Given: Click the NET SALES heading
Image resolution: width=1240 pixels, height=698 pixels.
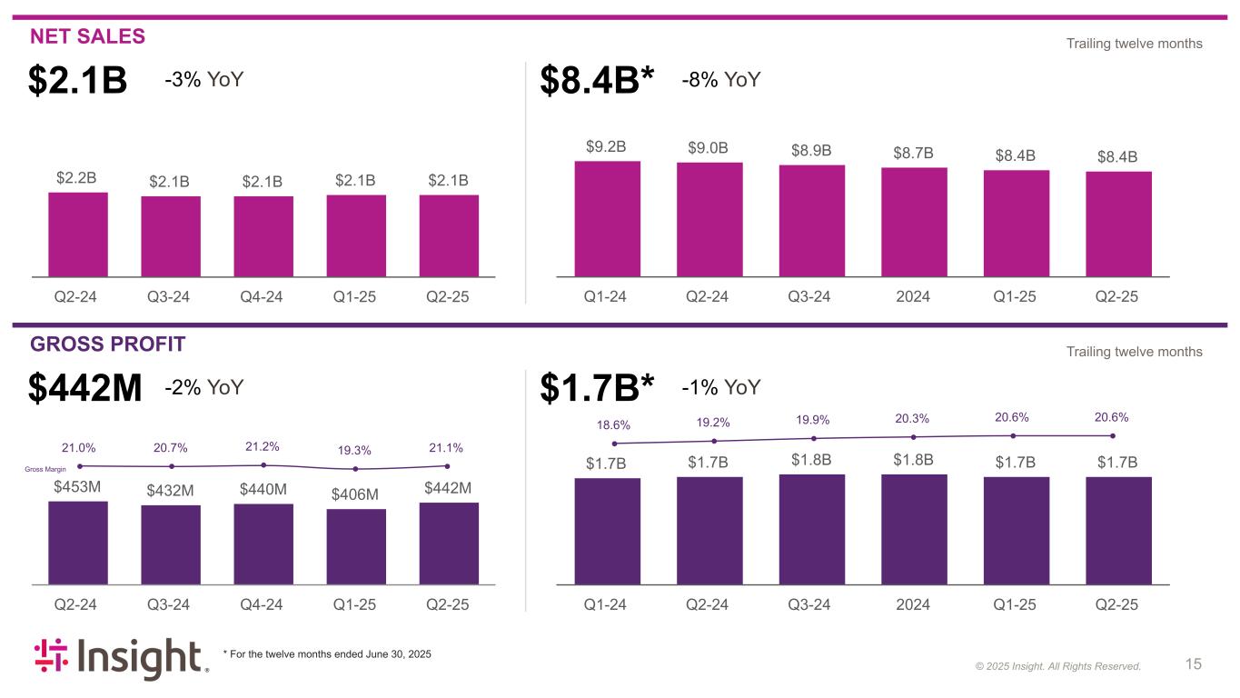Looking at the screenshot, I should tap(87, 36).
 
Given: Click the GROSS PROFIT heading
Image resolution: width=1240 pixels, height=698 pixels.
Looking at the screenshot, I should tap(108, 344).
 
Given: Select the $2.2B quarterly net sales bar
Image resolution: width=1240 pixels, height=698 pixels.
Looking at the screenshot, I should tap(78, 234).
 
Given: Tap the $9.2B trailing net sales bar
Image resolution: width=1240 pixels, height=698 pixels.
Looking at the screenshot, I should tap(607, 218).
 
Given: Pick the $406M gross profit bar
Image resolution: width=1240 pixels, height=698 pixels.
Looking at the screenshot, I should tap(356, 545).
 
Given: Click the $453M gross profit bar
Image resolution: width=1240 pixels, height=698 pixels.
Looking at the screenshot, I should tap(78, 542).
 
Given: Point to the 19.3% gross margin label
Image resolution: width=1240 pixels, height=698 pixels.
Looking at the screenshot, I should tap(356, 450).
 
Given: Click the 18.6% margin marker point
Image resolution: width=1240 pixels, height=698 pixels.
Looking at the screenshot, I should tap(615, 444).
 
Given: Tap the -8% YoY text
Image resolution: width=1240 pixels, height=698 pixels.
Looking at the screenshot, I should tap(720, 80).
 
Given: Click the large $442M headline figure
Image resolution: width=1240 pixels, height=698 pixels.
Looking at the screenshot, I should tap(85, 389).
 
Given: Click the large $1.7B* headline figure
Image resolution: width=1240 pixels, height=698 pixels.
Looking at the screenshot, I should tap(597, 389).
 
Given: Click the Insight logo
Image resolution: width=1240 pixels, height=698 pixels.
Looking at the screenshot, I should tap(122, 659).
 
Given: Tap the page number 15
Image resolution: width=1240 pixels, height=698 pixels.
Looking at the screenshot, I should tap(1194, 664).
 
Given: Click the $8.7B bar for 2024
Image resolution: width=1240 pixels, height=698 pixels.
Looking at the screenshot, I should tap(914, 222).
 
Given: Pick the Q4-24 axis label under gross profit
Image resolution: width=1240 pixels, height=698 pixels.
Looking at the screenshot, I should tap(263, 604).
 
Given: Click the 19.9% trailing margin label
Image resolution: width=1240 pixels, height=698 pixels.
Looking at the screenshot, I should tap(813, 420).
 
